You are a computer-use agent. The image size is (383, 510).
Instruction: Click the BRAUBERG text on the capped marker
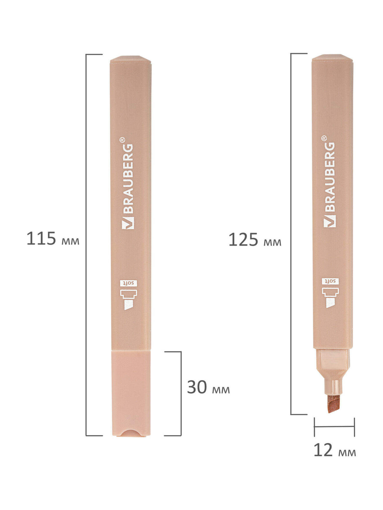click(x=127, y=178)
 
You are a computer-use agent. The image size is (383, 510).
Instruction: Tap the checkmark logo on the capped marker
click(x=128, y=223)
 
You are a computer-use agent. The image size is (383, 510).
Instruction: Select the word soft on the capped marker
click(x=129, y=283)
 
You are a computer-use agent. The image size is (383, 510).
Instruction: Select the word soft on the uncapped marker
click(x=330, y=281)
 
